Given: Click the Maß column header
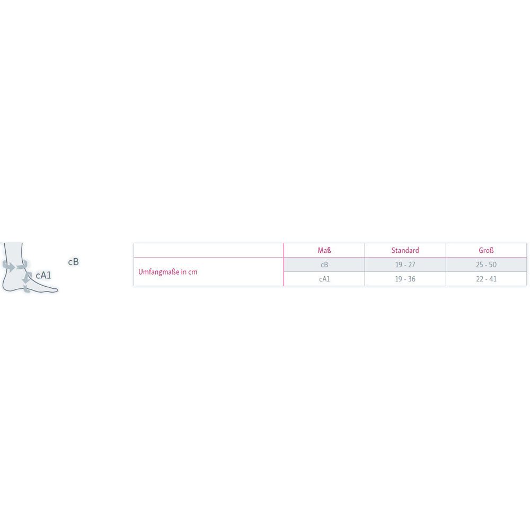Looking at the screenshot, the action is pyautogui.click(x=324, y=251).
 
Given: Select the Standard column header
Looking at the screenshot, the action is pyautogui.click(x=405, y=251).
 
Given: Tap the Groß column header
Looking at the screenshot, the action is pyautogui.click(x=486, y=251).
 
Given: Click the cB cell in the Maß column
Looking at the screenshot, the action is pyautogui.click(x=324, y=264).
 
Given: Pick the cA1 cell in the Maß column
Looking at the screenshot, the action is pyautogui.click(x=324, y=279).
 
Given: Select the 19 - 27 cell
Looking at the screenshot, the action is pyautogui.click(x=405, y=264).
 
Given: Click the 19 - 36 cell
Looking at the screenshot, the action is pyautogui.click(x=405, y=279).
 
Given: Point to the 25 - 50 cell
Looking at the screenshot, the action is pyautogui.click(x=486, y=264).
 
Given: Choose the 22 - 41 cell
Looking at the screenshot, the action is pyautogui.click(x=486, y=279).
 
